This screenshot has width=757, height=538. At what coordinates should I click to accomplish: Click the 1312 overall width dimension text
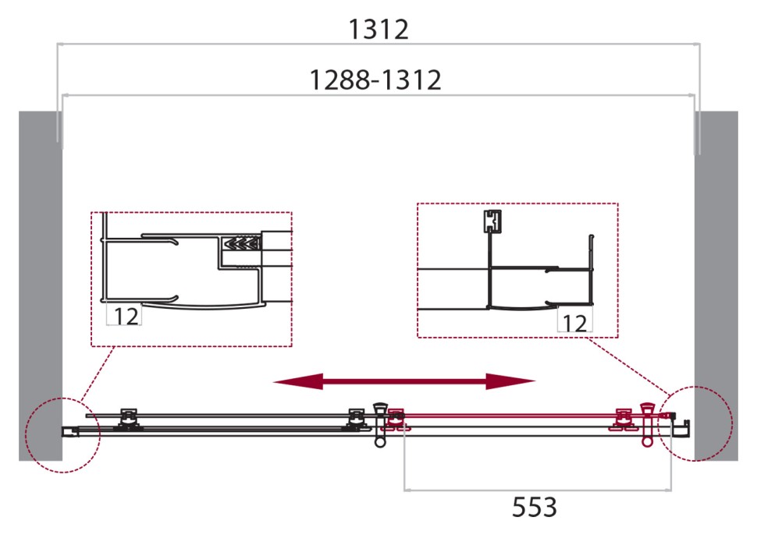coord(378,30)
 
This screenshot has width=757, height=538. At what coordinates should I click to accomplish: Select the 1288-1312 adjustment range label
coord(375,80)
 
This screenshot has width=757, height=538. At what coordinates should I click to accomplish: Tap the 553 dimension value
coord(535,508)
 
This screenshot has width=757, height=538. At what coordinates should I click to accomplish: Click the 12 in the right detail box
coord(574,323)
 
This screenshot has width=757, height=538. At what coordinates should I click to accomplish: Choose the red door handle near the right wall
coord(647,425)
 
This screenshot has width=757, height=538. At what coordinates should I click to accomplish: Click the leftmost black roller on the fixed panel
coord(128,419)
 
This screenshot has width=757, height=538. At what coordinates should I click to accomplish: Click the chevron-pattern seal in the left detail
coord(240,244)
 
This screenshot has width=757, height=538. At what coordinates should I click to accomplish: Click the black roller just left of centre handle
coord(356,419)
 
